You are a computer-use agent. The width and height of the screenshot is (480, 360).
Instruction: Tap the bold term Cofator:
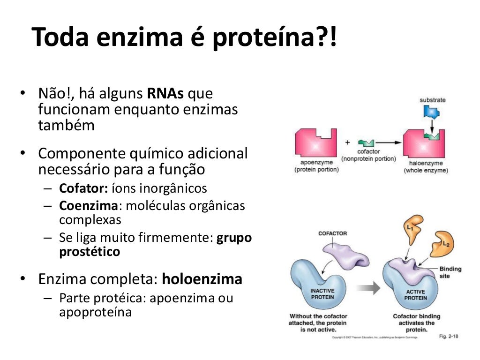tap(83, 188)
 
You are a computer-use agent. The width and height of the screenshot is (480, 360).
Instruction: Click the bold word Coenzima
tap(87, 205)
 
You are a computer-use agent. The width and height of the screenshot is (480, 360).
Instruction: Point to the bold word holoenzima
tap(202, 279)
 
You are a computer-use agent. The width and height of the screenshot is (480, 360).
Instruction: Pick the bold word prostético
tap(90, 252)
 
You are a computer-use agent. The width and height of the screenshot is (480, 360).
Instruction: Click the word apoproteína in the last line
tap(95, 312)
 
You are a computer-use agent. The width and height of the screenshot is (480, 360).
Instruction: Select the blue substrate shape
tap(430, 112)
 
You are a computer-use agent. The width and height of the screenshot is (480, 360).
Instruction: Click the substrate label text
tap(432, 100)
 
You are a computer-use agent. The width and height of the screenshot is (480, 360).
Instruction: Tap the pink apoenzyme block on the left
tap(315, 143)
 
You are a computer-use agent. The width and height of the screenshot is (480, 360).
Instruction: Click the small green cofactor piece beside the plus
tap(367, 142)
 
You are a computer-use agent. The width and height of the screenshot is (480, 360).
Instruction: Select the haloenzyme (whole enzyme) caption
tap(426, 167)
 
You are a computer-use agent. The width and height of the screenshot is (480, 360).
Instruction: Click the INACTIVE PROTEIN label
tap(322, 294)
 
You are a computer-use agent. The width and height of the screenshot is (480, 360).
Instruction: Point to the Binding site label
tap(450, 272)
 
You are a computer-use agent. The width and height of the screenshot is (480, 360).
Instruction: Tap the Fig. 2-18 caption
tap(449, 337)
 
